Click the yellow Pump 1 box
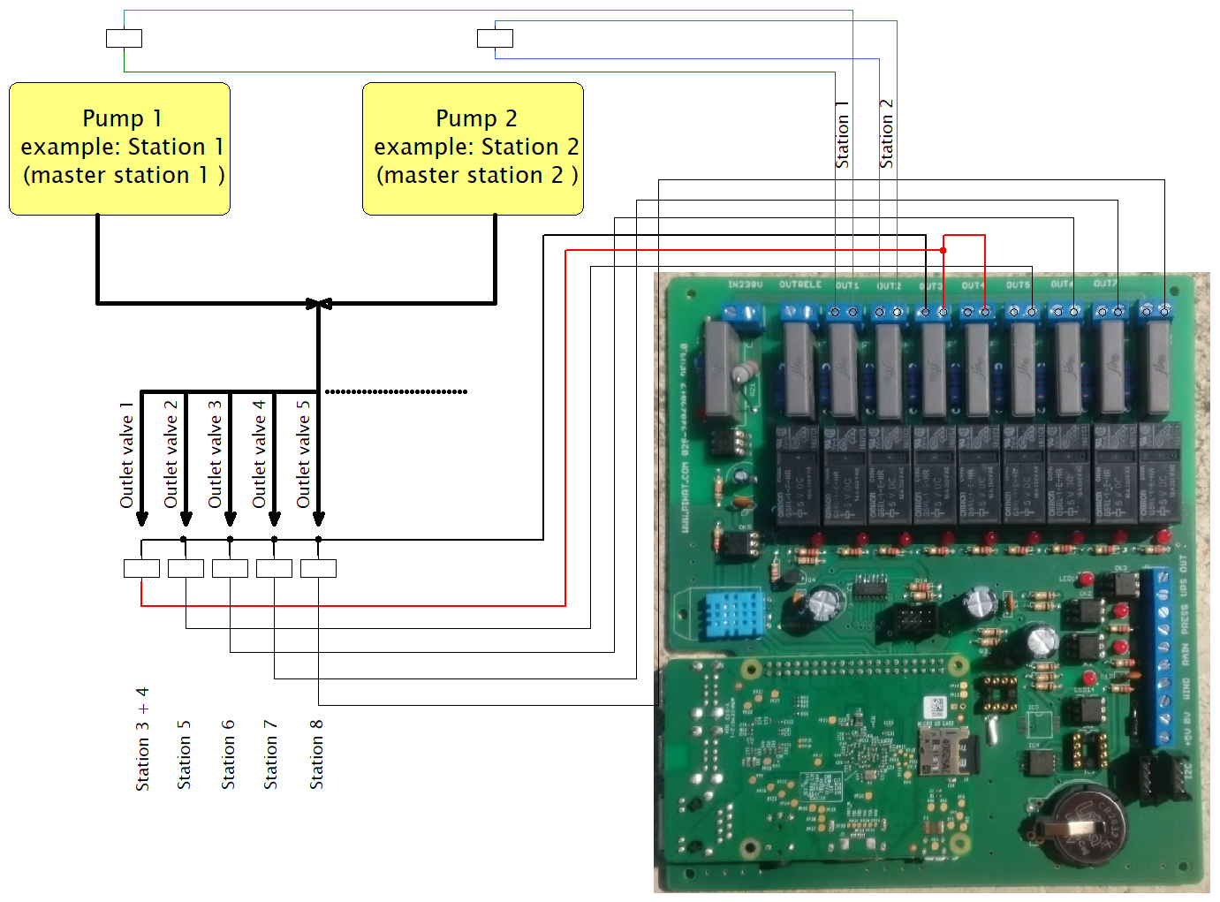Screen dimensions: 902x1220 pos(119,148)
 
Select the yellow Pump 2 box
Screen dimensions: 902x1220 pos(473,148)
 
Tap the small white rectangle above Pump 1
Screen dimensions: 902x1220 pos(124,38)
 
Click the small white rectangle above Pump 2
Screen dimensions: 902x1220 pos(495,38)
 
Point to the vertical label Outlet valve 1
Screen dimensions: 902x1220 pos(126,455)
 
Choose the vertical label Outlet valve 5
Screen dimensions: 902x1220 pos(303,455)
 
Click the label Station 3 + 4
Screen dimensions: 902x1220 pos(142,739)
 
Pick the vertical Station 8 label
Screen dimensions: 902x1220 pos(316,754)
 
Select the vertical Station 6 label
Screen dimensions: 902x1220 pos(228,754)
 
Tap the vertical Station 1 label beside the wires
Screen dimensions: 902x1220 pos(842,134)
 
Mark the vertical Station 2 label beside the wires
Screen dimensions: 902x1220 pos(886,134)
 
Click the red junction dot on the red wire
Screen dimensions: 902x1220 pos(943,251)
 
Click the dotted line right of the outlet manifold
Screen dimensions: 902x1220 pos(396,391)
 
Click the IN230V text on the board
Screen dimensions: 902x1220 pos(745,284)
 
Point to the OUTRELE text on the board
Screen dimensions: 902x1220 pos(799,284)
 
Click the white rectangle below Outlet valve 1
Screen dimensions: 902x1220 pos(141,569)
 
